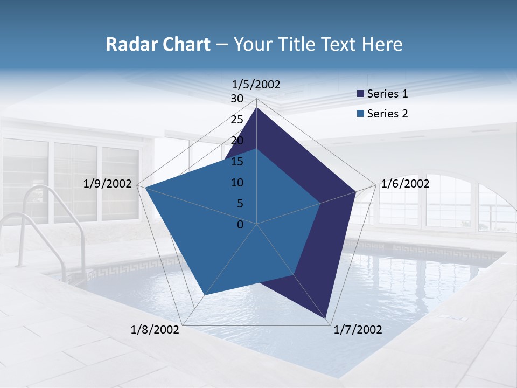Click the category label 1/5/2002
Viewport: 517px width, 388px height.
[256, 84]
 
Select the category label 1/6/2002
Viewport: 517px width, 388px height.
[405, 184]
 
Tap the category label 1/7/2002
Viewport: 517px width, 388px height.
[358, 330]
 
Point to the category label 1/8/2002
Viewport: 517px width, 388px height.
[155, 330]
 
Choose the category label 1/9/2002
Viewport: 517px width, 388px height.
[108, 184]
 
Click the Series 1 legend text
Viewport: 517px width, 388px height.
[387, 94]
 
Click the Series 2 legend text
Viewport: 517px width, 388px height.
[387, 114]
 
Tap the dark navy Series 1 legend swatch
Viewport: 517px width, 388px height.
[361, 94]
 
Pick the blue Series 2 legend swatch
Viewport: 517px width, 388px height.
[361, 114]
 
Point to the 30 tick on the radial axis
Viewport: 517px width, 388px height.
[237, 99]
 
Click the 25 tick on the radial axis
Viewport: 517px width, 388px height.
[237, 120]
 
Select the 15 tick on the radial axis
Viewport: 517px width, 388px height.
[237, 162]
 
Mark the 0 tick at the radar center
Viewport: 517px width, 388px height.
[240, 225]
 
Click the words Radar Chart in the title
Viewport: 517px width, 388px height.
[158, 44]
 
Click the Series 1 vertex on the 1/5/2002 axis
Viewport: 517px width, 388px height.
[257, 107]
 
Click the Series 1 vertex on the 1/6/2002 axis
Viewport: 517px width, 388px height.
[355, 191]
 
